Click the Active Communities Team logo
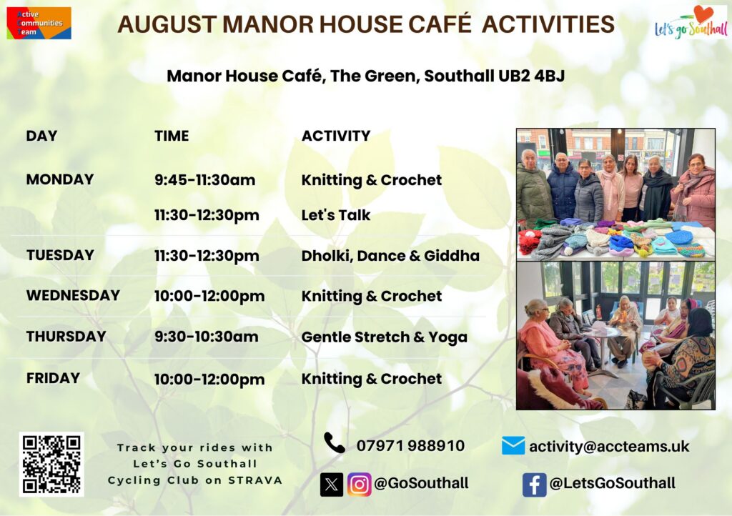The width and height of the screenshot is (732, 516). (x=39, y=23)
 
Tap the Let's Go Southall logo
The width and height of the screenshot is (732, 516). (x=691, y=22)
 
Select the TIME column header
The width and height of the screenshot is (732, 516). (x=172, y=136)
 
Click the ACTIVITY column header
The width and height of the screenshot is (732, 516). (x=336, y=136)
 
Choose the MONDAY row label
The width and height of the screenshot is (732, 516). (x=60, y=179)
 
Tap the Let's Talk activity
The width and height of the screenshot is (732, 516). (x=336, y=215)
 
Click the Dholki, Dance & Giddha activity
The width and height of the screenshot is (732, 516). (x=390, y=256)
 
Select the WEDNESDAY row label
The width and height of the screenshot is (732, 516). (x=74, y=295)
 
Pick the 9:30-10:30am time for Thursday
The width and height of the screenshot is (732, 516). (x=207, y=337)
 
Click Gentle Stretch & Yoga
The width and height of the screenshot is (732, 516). (x=384, y=337)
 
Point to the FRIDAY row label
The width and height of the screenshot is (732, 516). (x=53, y=378)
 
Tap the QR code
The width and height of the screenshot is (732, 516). (x=51, y=465)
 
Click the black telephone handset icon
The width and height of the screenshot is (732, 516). (x=335, y=443)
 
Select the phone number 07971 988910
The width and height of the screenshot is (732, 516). (x=410, y=445)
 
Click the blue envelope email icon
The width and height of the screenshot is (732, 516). (x=513, y=445)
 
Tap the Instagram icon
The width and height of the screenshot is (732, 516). (x=359, y=485)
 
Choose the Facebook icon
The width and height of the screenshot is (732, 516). (x=535, y=485)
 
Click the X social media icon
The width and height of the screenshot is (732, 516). (x=332, y=485)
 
